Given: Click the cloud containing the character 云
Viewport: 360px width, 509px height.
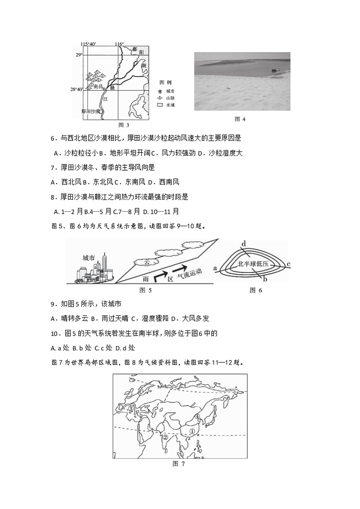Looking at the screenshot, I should [148, 262].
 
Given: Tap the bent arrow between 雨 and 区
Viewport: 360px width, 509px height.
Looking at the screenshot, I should [159, 274].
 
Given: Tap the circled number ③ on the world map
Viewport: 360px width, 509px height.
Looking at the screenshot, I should [131, 409].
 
